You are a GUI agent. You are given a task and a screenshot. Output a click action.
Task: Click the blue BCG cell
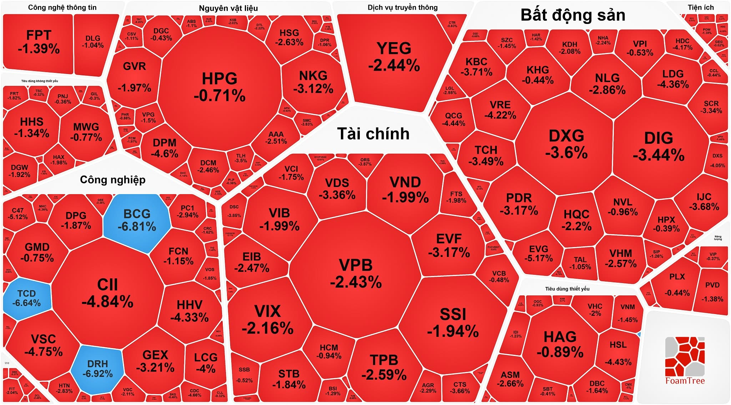coord(137,221)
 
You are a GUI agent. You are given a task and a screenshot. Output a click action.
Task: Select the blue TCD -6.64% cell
coord(26,298)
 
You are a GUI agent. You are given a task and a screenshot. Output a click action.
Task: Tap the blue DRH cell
coord(97,369)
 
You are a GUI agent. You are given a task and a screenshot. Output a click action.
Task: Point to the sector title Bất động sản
coord(573,15)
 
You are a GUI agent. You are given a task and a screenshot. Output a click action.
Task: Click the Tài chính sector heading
coord(373,134)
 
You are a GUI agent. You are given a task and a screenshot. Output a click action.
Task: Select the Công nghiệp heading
coord(112,179)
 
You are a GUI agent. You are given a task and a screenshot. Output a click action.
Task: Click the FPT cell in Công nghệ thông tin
coord(39,42)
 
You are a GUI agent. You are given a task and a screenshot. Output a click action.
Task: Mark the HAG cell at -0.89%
coord(560,344)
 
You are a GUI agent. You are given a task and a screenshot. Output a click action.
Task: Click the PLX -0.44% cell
coord(677,285)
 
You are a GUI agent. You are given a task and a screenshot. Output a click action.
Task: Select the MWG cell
coord(86,132)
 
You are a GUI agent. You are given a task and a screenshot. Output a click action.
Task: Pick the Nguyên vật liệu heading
coord(228,8)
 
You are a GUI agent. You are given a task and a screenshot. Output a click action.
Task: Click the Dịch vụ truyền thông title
coord(402,7)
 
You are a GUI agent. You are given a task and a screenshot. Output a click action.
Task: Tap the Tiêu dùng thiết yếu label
coord(567,289)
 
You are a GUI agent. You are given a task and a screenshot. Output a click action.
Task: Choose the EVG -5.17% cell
coord(538,253)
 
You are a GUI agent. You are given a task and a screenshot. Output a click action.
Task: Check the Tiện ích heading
coord(701,7)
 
